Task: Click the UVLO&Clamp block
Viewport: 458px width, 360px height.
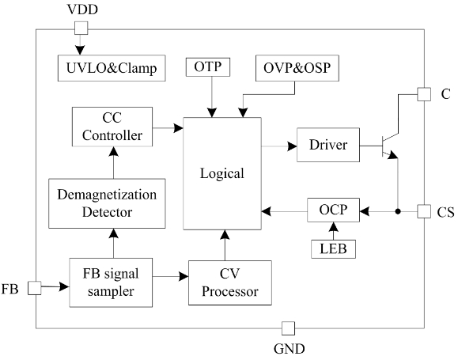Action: click(112, 68)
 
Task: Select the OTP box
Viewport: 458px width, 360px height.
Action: click(208, 67)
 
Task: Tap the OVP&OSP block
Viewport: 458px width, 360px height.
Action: click(297, 68)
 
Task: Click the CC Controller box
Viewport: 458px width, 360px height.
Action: click(112, 127)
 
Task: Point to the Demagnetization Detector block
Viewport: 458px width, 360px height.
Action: click(107, 203)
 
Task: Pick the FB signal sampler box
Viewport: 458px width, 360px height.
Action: click(111, 282)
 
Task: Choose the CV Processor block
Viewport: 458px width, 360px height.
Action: click(230, 283)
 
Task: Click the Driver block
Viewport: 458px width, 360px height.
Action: click(328, 145)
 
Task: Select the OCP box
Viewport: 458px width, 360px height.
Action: click(333, 210)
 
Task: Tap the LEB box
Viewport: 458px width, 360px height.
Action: click(333, 249)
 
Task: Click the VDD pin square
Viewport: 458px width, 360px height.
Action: click(81, 28)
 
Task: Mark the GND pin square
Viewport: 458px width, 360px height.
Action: click(288, 328)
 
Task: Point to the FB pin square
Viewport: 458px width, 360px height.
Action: click(35, 288)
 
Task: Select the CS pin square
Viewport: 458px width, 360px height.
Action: click(424, 211)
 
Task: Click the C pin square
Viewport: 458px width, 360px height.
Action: click(424, 94)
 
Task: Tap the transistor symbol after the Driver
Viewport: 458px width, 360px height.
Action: click(390, 146)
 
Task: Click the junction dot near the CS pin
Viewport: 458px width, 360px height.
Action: click(398, 211)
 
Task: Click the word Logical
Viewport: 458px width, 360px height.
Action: click(222, 173)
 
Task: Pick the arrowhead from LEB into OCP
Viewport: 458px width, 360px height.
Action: click(333, 227)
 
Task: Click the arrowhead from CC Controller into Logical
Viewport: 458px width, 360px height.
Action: click(178, 128)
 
